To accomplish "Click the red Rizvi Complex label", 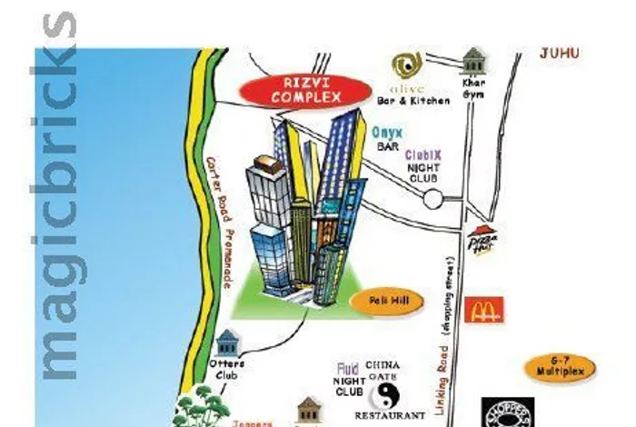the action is click(x=306, y=90).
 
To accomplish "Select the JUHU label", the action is click(x=559, y=54).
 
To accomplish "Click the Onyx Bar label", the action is click(x=388, y=138).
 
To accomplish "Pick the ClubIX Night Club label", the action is click(x=422, y=166).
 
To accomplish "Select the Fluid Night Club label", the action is click(x=349, y=381).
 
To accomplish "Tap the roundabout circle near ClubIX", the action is click(x=432, y=199).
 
